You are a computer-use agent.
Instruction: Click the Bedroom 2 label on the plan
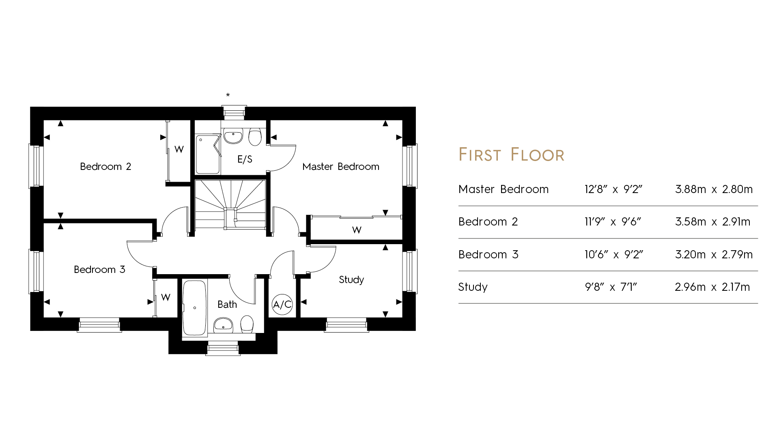(x=105, y=167)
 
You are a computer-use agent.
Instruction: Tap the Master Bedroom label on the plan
(x=341, y=167)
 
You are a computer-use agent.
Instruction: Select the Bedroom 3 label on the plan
(x=99, y=270)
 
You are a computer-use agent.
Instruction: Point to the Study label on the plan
(x=351, y=280)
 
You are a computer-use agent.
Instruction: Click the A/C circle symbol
(x=282, y=305)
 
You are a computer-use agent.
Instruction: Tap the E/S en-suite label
(x=245, y=159)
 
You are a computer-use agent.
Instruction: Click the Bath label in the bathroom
(x=227, y=305)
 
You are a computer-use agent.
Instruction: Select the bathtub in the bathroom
(x=195, y=308)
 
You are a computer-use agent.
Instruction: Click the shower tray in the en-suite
(x=208, y=155)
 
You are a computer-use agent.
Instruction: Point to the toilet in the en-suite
(x=255, y=137)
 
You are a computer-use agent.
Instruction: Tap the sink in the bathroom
(x=223, y=324)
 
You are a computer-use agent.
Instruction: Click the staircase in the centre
(x=230, y=204)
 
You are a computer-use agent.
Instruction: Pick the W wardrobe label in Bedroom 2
(x=179, y=149)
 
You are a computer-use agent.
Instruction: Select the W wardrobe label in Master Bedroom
(x=357, y=230)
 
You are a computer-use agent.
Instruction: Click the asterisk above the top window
(x=228, y=95)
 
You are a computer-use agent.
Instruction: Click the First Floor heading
(x=511, y=155)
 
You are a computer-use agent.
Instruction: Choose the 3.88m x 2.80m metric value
(x=714, y=189)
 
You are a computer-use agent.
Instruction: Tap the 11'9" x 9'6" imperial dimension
(x=613, y=222)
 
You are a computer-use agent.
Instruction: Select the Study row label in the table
(x=473, y=288)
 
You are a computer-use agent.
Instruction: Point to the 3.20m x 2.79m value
(x=714, y=255)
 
